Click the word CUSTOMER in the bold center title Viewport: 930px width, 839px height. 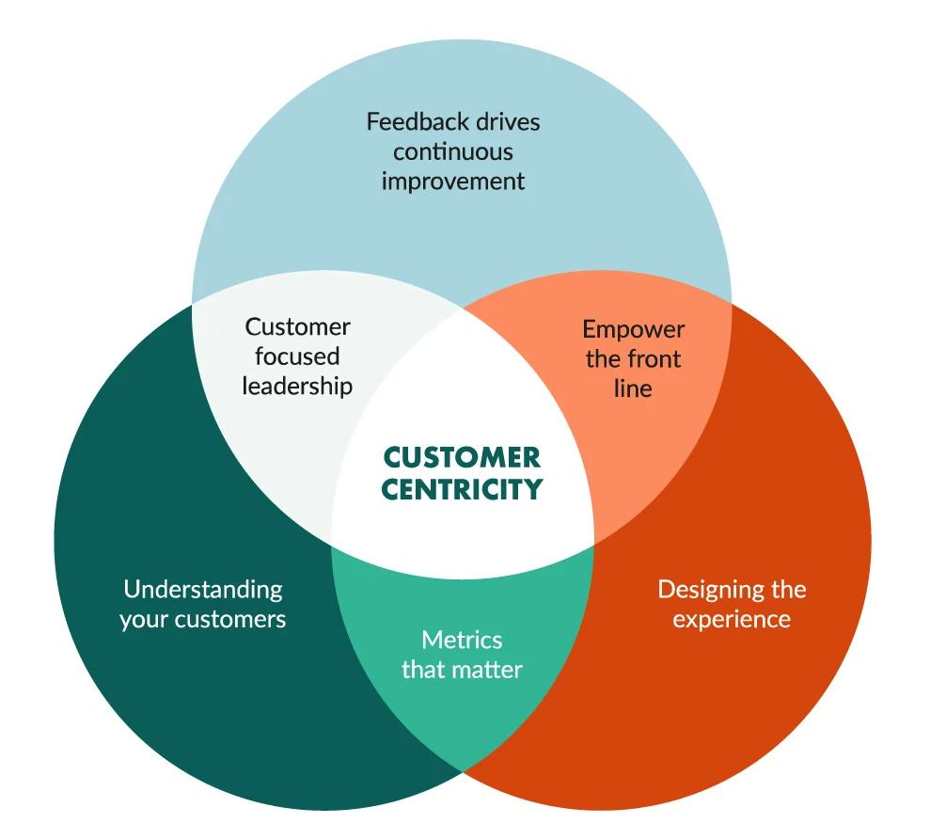[462, 458]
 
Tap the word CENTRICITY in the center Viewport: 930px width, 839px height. [462, 489]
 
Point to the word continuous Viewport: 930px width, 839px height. [453, 151]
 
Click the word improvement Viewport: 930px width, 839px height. [453, 181]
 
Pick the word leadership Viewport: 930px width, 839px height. [297, 387]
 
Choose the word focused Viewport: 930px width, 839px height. [297, 357]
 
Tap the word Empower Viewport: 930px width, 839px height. [633, 329]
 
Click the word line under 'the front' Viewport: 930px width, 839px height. [633, 388]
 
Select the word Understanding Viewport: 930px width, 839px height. [203, 590]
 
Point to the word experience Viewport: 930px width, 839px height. [732, 620]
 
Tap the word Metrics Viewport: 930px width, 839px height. [462, 641]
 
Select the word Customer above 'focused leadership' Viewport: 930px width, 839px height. [297, 327]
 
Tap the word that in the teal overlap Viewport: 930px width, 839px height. [422, 670]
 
